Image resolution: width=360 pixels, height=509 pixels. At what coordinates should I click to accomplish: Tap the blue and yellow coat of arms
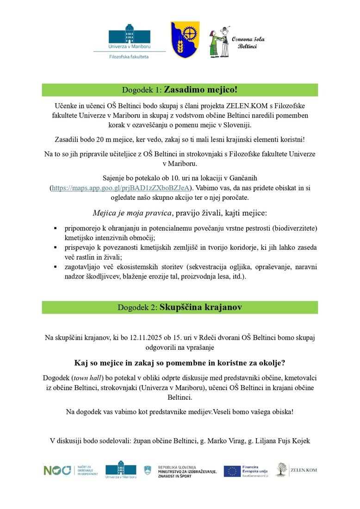(x=185, y=40)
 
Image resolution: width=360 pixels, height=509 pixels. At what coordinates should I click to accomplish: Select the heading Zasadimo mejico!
(x=200, y=89)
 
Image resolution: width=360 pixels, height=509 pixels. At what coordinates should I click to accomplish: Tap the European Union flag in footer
(x=232, y=471)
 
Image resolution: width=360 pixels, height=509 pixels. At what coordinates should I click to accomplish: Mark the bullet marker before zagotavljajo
(x=56, y=267)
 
